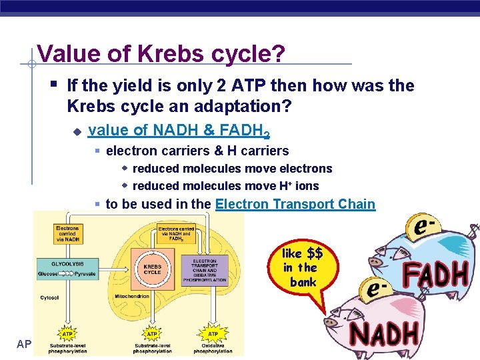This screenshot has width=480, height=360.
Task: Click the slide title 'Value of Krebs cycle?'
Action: pyautogui.click(x=162, y=54)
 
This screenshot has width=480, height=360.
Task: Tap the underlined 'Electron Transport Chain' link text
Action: pyautogui.click(x=295, y=204)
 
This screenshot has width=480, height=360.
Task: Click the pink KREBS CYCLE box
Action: pyautogui.click(x=152, y=269)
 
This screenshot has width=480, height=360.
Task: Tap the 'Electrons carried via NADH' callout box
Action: pyautogui.click(x=67, y=233)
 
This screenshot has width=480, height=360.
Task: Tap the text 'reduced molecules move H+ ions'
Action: pyautogui.click(x=225, y=186)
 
